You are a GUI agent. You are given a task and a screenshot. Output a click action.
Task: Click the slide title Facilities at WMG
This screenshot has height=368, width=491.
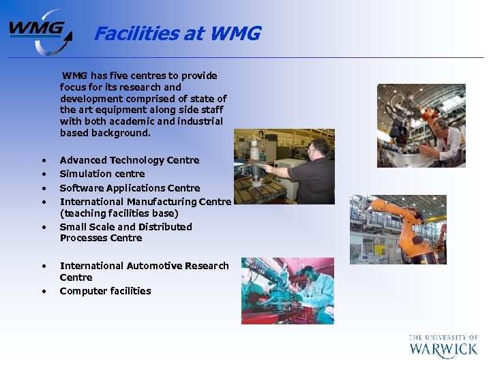pos(177,33)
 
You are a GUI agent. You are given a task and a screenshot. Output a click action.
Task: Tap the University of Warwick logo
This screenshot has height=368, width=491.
pos(443,346)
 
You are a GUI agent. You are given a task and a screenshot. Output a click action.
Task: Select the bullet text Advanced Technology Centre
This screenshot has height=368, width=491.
pos(130,160)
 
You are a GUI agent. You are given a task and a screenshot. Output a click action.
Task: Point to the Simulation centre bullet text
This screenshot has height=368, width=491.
pos(102,174)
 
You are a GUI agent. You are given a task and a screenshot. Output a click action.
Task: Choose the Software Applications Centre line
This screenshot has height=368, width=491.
pos(130,188)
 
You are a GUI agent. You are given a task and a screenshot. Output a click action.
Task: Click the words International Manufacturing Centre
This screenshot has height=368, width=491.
pos(145,202)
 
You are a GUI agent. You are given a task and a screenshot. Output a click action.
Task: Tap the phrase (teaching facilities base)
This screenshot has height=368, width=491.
pos(119,213)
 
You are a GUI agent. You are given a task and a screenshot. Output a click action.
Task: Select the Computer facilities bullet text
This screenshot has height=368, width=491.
pos(105,291)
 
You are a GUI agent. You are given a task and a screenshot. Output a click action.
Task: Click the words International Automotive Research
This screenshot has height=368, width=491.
pos(144,266)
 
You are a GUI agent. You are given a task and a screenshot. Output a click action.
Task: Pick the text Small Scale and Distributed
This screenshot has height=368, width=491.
pos(125,227)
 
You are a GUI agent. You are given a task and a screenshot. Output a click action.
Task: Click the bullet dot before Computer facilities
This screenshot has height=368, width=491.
pos(44,292)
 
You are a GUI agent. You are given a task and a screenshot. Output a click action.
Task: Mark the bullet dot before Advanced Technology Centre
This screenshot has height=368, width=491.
pos(44,161)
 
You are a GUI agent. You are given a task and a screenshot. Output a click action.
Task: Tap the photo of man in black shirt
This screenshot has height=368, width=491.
pos(284,166)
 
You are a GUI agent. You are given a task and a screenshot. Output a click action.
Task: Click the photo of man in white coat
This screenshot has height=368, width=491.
pos(421,125)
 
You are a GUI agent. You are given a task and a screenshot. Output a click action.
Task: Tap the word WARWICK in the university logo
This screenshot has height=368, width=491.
pos(443,350)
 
